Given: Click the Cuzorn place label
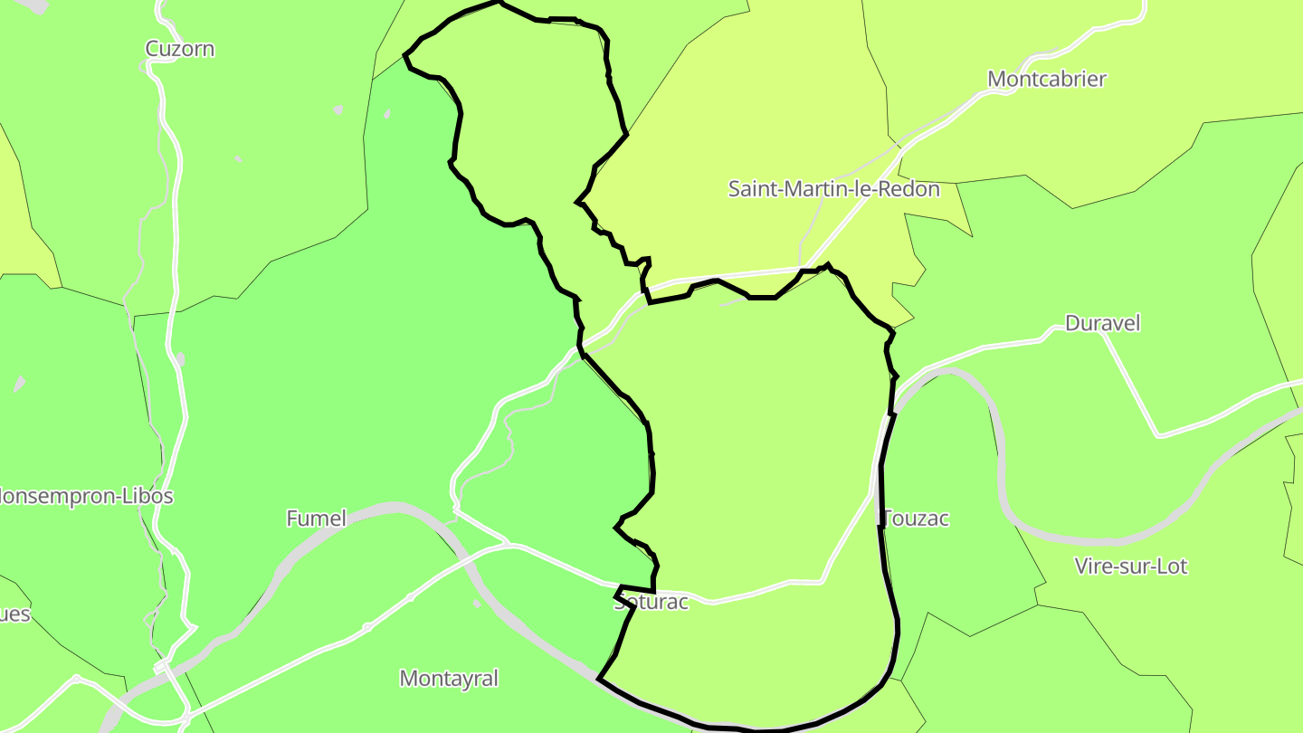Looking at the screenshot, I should [x=180, y=49].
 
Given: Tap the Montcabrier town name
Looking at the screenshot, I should [x=1047, y=79].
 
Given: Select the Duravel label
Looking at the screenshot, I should [x=1103, y=323].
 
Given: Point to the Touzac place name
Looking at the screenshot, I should [x=916, y=519].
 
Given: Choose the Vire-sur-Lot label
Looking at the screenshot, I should [x=1131, y=566].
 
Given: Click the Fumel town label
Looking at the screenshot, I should [x=316, y=519].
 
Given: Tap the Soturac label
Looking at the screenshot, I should [x=651, y=603].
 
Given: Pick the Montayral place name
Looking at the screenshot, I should [x=449, y=678].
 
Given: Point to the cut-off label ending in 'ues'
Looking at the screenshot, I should [x=14, y=614].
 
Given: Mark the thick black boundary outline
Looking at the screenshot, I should [x=882, y=489].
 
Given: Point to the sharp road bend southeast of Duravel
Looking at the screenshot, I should [x=1159, y=435].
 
